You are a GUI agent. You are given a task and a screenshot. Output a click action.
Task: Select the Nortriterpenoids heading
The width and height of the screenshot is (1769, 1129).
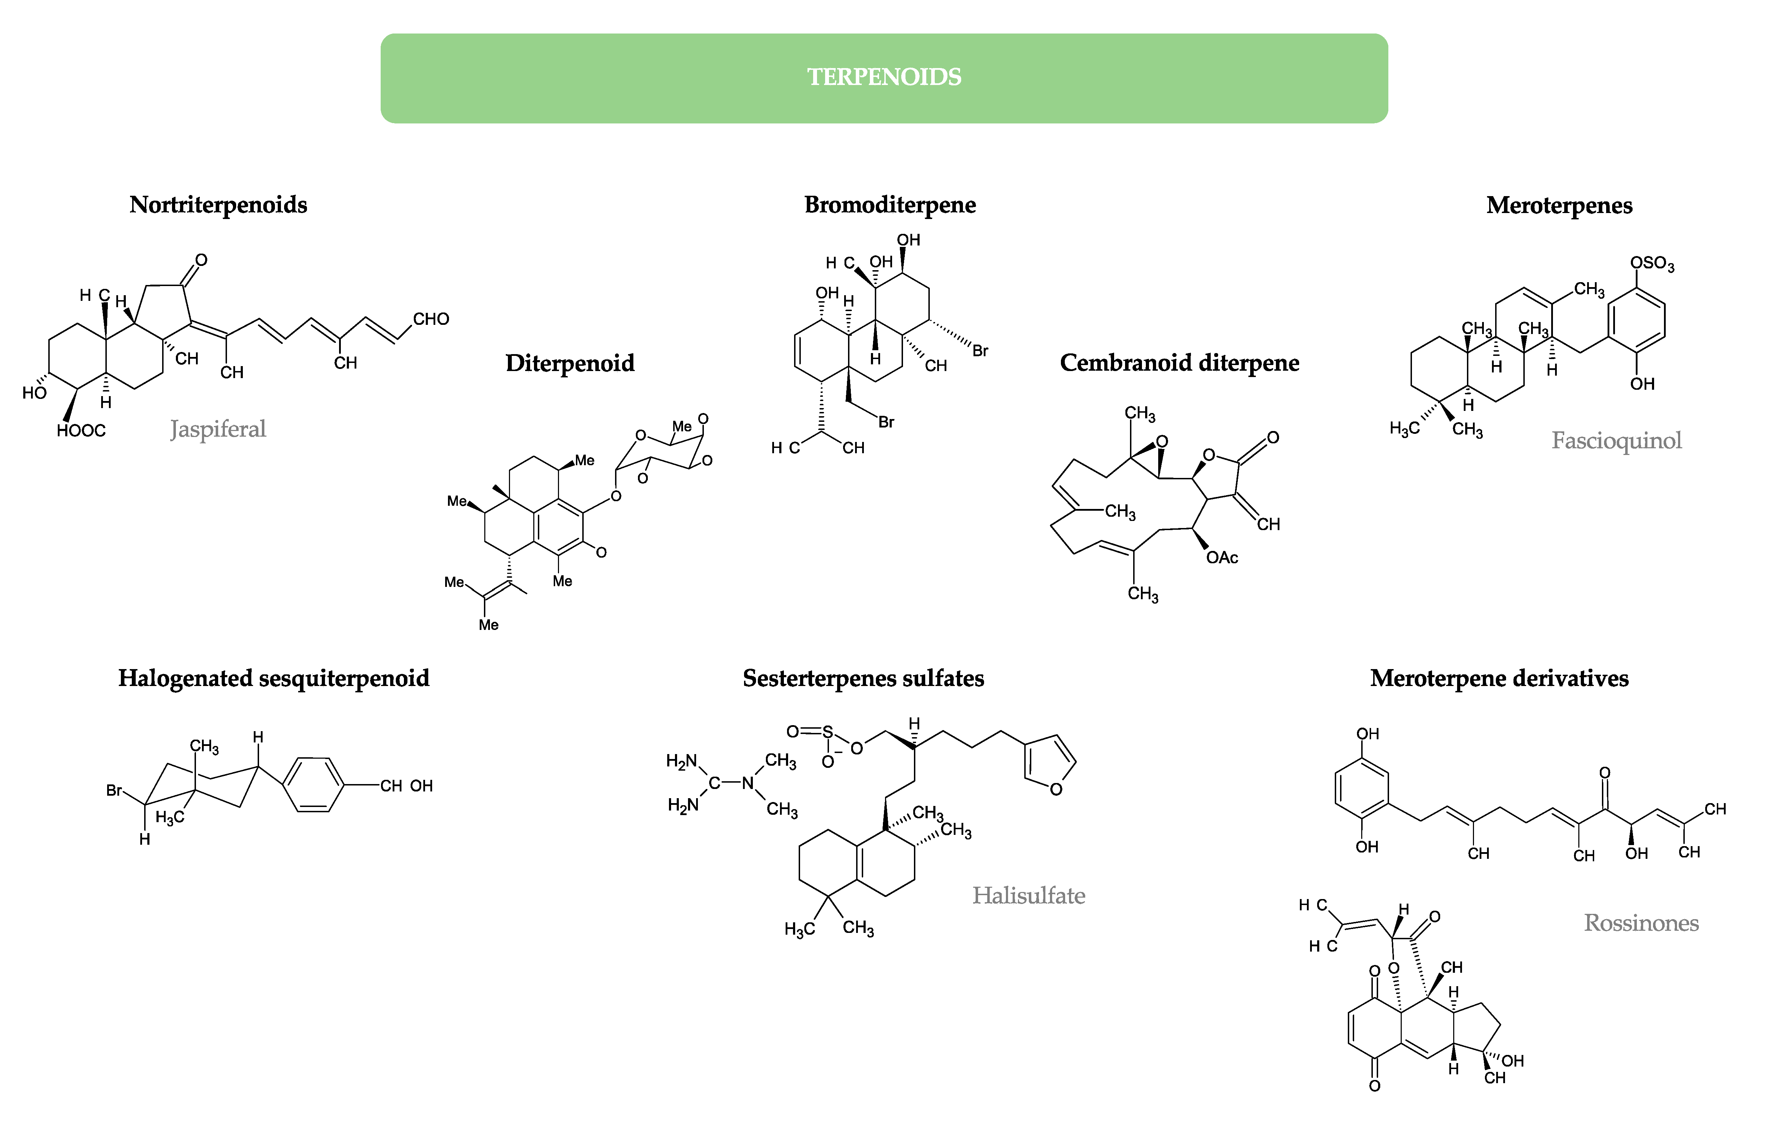pyautogui.click(x=218, y=205)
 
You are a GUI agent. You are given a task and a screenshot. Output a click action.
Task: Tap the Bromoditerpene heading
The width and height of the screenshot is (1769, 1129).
pyautogui.click(x=890, y=205)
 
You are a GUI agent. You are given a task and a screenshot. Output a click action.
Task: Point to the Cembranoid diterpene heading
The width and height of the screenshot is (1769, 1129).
pyautogui.click(x=1179, y=363)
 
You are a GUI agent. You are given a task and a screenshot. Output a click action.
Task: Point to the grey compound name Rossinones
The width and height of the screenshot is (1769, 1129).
pyautogui.click(x=1641, y=923)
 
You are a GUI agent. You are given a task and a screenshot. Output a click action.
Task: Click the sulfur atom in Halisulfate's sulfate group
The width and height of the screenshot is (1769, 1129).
pyautogui.click(x=828, y=732)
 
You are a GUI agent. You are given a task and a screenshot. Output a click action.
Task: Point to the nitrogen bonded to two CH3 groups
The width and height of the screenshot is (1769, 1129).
pyautogui.click(x=748, y=784)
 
